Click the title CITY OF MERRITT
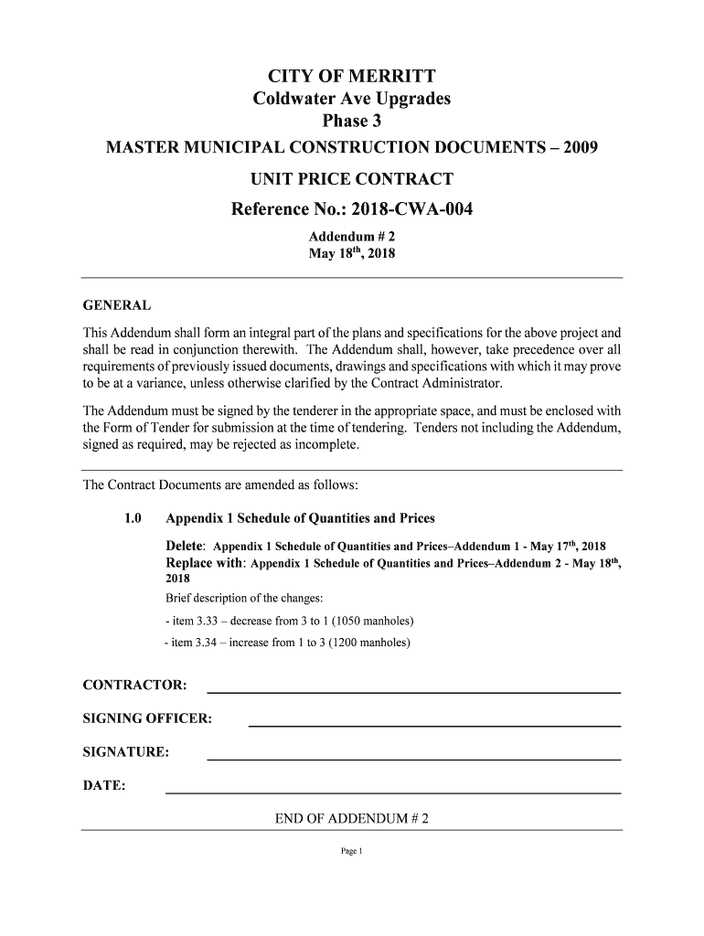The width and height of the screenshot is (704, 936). [x=351, y=75]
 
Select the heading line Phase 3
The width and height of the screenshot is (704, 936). [x=351, y=122]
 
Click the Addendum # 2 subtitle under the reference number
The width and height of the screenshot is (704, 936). [x=351, y=236]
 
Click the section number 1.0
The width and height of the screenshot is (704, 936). [x=133, y=519]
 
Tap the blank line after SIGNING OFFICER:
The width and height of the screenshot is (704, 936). [x=434, y=725]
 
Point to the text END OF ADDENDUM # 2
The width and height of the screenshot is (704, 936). [x=352, y=818]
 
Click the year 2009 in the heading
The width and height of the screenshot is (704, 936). [x=580, y=146]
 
